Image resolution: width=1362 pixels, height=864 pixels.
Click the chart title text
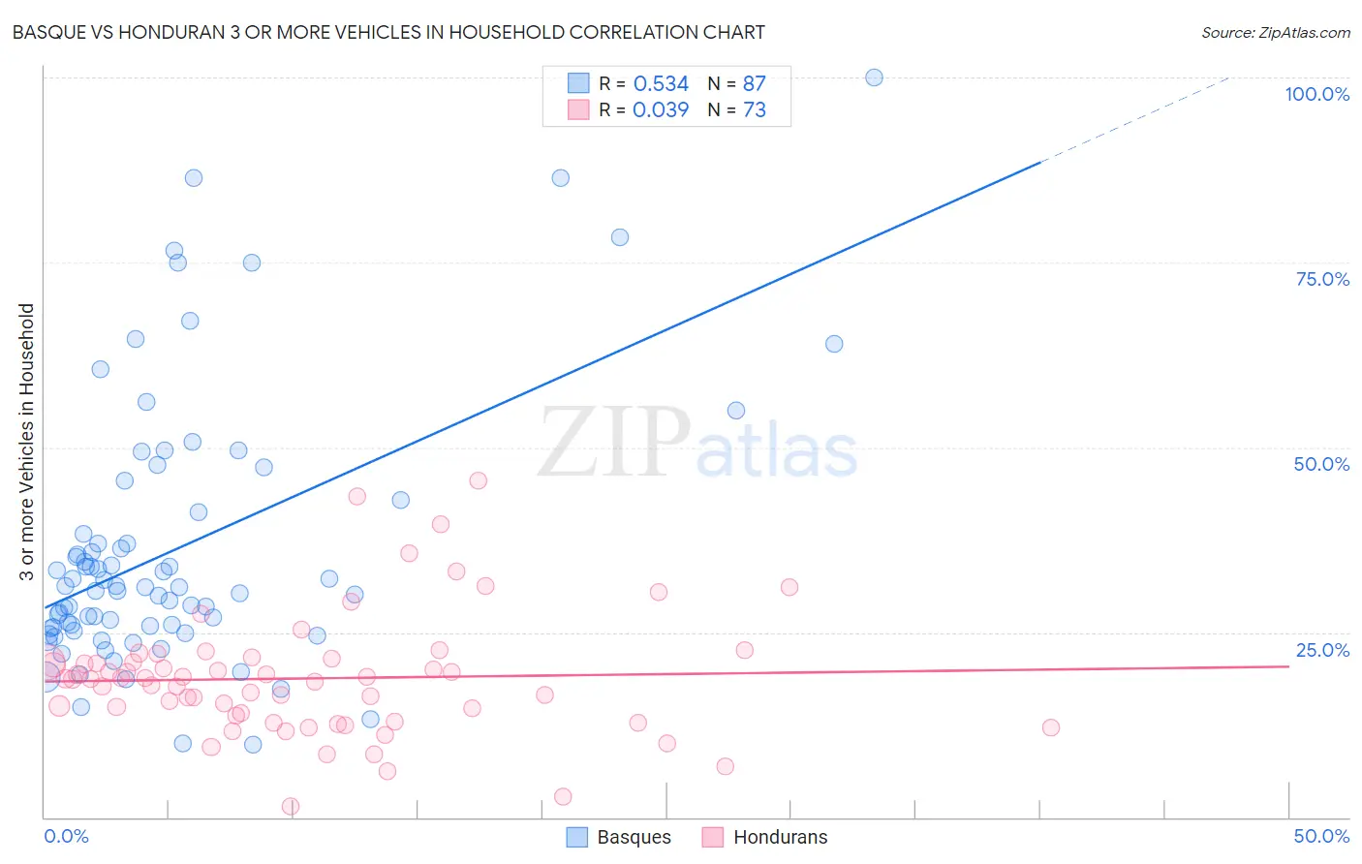[x=388, y=32]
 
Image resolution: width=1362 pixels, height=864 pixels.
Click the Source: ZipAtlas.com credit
[x=1275, y=32]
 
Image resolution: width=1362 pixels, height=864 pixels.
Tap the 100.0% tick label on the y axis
[x=1316, y=94]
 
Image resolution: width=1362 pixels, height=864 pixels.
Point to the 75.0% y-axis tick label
[x=1322, y=279]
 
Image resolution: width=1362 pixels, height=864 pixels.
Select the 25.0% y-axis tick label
[x=1322, y=650]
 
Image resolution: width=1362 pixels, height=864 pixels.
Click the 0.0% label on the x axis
[x=66, y=836]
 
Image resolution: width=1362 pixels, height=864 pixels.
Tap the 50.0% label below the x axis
[x=1321, y=836]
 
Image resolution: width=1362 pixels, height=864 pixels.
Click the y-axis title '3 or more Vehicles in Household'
[x=26, y=442]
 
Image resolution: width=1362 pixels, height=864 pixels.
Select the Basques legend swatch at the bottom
[x=577, y=837]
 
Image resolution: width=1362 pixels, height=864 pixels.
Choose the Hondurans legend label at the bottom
[x=780, y=837]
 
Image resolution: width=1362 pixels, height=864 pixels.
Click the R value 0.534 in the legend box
[x=661, y=84]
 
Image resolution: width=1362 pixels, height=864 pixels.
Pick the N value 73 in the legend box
[x=754, y=110]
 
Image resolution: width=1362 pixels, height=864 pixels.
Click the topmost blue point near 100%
[x=874, y=77]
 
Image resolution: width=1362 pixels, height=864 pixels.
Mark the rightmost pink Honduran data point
[x=1051, y=727]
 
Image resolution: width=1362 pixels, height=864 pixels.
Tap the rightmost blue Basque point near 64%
[x=834, y=344]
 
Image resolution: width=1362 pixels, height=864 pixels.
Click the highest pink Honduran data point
[x=478, y=480]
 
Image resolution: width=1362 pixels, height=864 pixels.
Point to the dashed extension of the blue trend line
[x=1133, y=119]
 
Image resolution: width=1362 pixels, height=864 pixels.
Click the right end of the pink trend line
[x=1288, y=666]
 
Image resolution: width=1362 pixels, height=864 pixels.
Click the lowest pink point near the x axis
[x=291, y=806]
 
